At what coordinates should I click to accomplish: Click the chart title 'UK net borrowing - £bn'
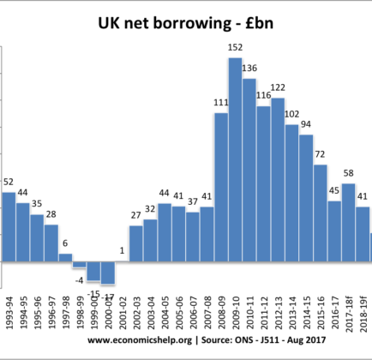(186, 23)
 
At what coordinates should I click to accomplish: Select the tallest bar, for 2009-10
(235, 159)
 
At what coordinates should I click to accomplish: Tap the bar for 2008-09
(221, 187)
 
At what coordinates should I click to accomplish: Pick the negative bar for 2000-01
(108, 273)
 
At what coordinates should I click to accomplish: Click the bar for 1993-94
(9, 227)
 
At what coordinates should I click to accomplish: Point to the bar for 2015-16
(321, 213)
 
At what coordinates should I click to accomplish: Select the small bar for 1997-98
(65, 257)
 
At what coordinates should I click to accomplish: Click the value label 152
(235, 47)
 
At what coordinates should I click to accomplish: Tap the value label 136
(249, 68)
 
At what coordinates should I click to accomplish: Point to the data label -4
(79, 280)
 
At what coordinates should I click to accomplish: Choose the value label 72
(320, 154)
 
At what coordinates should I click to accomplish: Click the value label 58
(348, 173)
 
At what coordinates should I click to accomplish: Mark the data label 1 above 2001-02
(122, 250)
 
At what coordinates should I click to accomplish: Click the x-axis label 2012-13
(279, 313)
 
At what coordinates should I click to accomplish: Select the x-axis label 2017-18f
(349, 315)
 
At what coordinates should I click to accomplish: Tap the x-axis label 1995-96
(37, 313)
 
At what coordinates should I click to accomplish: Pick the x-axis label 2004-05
(165, 313)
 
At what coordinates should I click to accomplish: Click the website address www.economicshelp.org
(140, 340)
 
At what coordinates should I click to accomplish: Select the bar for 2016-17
(334, 231)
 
